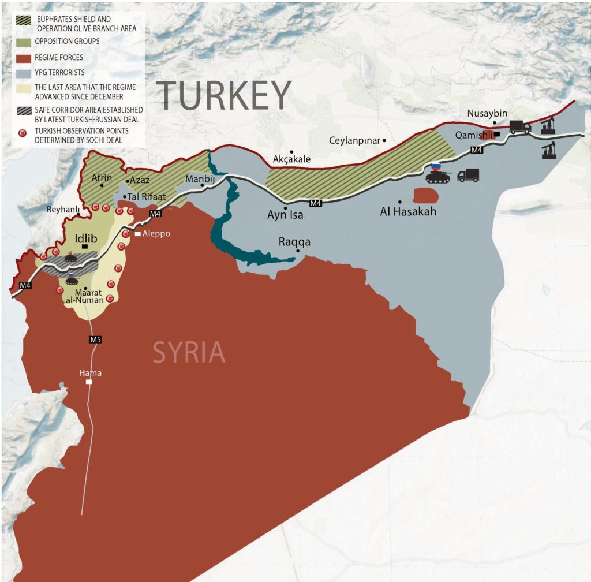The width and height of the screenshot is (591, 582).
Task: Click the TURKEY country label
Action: [x=224, y=95]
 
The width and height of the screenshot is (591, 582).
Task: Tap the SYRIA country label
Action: [x=189, y=352]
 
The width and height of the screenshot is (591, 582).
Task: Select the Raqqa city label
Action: [x=294, y=242]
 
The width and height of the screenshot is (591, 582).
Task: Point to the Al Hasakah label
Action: [x=408, y=212]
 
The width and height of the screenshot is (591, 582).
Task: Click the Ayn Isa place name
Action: [x=285, y=215]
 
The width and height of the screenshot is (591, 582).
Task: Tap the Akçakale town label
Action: [x=291, y=160]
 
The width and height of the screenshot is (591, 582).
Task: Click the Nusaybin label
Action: [x=488, y=114]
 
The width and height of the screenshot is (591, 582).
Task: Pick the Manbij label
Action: [x=200, y=178]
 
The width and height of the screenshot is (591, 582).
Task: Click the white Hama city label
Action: [x=89, y=373]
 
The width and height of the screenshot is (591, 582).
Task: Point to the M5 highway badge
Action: [x=95, y=339]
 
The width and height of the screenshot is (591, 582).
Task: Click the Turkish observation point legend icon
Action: [x=23, y=133]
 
